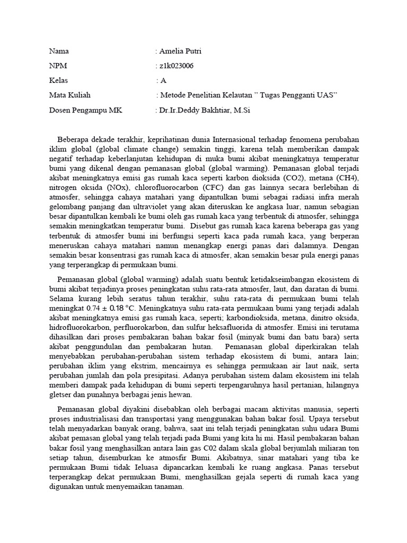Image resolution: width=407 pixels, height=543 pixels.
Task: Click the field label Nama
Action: tap(59, 51)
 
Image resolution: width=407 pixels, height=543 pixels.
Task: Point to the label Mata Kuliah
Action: tap(70, 95)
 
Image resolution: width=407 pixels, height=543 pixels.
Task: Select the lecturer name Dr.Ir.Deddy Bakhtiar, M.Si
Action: tap(205, 110)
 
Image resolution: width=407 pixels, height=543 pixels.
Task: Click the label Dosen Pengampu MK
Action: tap(85, 110)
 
